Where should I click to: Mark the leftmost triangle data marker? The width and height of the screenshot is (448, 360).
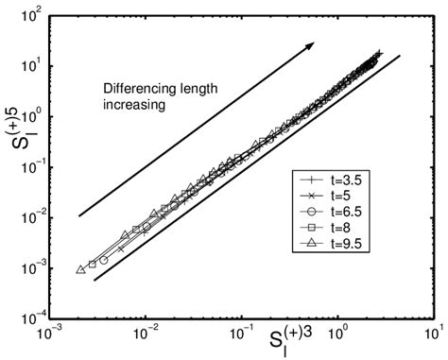coord(81,270)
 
